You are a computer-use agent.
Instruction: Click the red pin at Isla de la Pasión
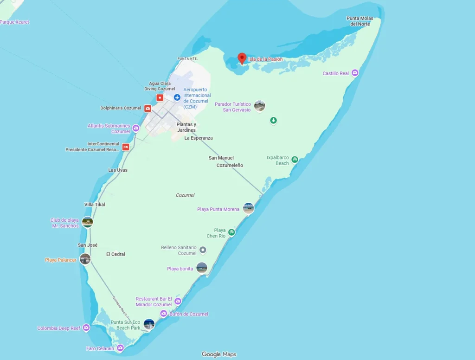242,58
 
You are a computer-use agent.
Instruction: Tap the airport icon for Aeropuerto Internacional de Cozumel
177,97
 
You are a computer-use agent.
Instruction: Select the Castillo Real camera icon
355,73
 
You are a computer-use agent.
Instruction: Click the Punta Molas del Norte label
359,21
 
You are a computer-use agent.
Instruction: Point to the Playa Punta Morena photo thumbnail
249,208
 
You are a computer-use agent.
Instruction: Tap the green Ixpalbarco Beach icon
295,160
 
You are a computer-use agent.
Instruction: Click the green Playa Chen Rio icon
231,232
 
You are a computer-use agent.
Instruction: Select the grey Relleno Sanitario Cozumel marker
203,250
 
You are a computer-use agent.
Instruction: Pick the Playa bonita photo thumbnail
202,268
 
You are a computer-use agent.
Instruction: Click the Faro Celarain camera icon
120,348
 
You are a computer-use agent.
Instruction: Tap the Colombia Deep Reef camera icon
86,328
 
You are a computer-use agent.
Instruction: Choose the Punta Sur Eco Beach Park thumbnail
149,324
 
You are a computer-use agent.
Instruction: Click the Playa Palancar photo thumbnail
85,259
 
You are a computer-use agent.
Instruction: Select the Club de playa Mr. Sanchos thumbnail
87,222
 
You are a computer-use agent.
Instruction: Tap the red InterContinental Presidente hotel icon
126,147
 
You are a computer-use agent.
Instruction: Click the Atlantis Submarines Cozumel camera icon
136,128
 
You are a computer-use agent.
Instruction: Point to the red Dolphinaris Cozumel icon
148,109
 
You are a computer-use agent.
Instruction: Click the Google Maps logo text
219,354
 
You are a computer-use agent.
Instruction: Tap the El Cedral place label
116,254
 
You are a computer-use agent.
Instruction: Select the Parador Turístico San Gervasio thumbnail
260,106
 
